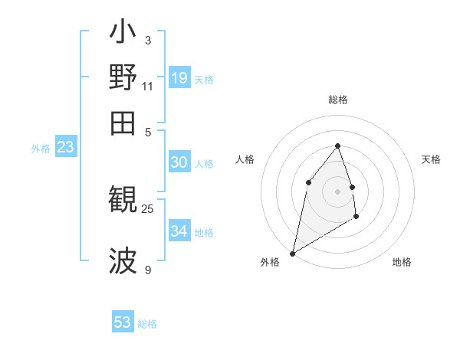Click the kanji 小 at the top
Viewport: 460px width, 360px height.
[123, 34]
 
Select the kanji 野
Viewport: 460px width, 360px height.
[123, 77]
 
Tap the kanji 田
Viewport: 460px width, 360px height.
[123, 123]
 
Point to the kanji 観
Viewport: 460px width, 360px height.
[123, 201]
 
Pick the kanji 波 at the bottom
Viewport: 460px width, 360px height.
[123, 260]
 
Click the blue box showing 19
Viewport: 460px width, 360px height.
[179, 77]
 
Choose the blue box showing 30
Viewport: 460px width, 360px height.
[179, 162]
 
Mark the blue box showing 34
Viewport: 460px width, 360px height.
[179, 231]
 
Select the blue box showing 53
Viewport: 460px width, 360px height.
[123, 322]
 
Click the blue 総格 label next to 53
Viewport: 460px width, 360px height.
[147, 324]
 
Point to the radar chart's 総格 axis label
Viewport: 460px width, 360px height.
[337, 100]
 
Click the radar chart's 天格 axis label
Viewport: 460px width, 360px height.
[432, 159]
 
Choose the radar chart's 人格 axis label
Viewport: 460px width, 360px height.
[245, 159]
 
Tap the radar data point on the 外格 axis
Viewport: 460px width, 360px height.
[292, 253]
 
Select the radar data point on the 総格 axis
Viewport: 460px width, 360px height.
[337, 146]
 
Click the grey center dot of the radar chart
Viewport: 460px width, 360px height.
[337, 191]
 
